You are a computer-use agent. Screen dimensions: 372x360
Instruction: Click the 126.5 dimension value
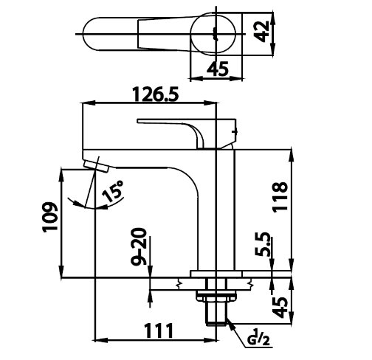click(x=156, y=94)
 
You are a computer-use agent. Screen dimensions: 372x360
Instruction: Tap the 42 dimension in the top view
click(x=261, y=32)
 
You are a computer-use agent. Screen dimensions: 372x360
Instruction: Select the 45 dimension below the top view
click(x=218, y=69)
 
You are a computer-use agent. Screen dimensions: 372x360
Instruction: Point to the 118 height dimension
click(x=280, y=197)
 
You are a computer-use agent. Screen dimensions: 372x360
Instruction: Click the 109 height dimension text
click(x=50, y=217)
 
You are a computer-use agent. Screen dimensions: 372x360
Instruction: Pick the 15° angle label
click(x=113, y=190)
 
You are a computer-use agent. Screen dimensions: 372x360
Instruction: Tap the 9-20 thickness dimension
click(x=139, y=246)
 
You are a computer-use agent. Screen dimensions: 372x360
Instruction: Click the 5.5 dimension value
click(x=263, y=244)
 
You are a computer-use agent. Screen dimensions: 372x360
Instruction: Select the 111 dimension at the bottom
click(x=159, y=331)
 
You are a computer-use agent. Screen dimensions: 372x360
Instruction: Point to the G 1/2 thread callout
click(x=258, y=337)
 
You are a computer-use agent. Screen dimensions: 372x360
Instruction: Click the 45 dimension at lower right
click(x=280, y=308)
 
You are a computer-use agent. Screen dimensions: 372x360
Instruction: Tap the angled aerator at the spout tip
click(x=96, y=166)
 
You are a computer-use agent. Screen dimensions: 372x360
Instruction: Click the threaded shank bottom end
click(x=216, y=324)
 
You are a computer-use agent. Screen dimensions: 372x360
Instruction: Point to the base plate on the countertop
click(x=216, y=274)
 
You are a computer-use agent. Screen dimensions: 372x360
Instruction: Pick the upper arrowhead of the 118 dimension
click(x=292, y=154)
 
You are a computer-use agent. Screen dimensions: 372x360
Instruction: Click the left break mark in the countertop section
click(x=179, y=284)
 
